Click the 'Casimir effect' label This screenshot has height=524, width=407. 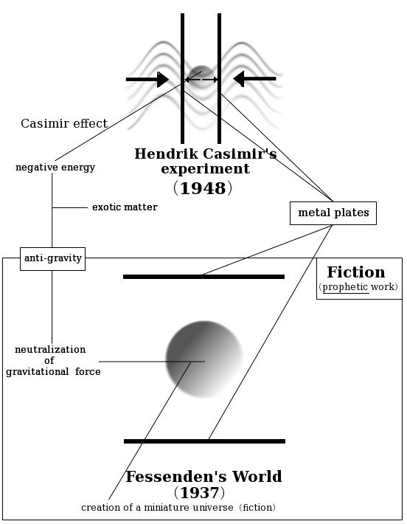tap(64, 123)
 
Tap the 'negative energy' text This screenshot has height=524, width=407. tap(55, 167)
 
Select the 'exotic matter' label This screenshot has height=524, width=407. tap(125, 207)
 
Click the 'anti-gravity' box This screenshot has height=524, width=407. tap(53, 258)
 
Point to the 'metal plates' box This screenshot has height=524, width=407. tap(333, 213)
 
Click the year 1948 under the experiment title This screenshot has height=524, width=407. tap(203, 188)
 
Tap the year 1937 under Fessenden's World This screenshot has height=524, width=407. tap(200, 492)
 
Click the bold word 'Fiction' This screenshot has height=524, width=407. tap(356, 272)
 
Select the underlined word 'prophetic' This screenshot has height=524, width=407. tap(345, 287)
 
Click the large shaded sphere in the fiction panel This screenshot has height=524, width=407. tap(204, 359)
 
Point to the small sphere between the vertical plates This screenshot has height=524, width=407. tap(201, 77)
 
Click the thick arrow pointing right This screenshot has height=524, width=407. tap(147, 80)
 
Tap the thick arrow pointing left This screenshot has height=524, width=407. tap(254, 79)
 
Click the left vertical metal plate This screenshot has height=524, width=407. tap(182, 78)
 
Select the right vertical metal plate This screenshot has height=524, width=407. tap(219, 78)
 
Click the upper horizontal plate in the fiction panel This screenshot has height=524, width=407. tap(204, 277)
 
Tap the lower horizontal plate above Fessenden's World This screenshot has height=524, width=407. tap(204, 441)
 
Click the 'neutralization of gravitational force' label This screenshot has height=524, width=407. tap(53, 361)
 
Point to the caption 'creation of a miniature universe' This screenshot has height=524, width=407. tap(157, 507)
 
